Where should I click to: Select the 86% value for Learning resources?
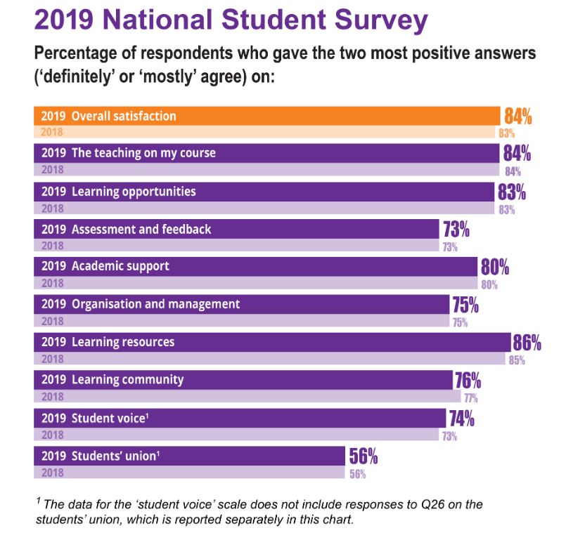527,343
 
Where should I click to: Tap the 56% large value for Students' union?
364,456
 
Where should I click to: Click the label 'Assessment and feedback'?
141,230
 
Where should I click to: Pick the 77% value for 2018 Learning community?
470,398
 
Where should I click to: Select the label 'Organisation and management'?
155,305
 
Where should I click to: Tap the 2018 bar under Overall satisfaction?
267,132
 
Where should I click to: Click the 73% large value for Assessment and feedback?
456,230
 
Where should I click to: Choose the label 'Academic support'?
120,267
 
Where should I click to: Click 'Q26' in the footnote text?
370,505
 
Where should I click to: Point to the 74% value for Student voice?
461,419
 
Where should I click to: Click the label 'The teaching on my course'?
143,153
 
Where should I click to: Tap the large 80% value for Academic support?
494,267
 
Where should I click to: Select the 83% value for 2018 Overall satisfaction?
507,133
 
